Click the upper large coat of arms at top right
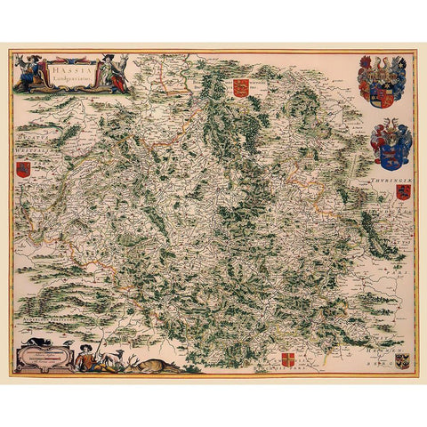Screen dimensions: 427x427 (x=382, y=82)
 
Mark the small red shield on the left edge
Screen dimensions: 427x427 (x=22, y=169)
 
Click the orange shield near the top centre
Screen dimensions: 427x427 (x=239, y=87)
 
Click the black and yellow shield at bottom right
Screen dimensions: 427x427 (x=402, y=360)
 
